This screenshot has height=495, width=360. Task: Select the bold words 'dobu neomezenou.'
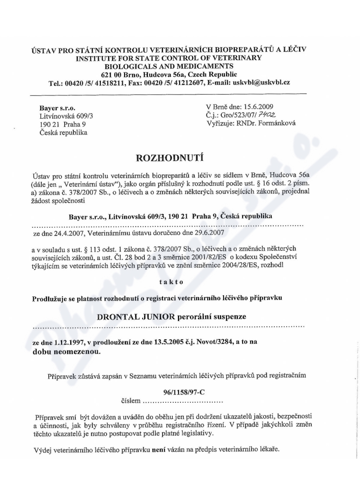coord(67,352)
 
